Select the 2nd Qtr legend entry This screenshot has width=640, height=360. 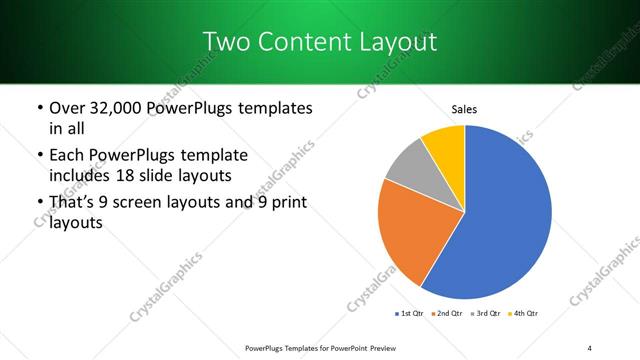pos(447,314)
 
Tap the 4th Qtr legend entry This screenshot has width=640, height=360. pos(524,314)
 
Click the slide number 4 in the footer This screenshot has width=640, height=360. pos(590,347)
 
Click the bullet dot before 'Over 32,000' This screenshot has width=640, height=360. pos(39,108)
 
